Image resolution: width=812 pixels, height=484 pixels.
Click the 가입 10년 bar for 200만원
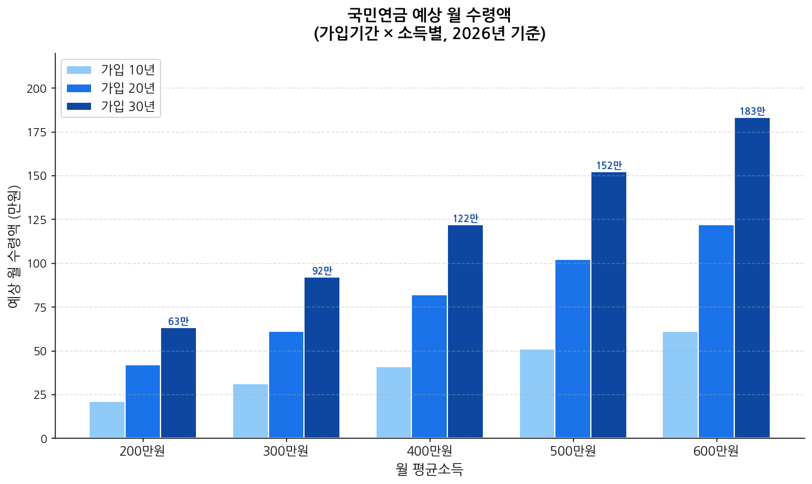tap(107, 420)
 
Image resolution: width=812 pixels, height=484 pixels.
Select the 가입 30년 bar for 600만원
tap(752, 278)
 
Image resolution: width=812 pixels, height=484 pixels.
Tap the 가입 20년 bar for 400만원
tap(429, 366)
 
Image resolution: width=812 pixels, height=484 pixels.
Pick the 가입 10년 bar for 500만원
tap(537, 393)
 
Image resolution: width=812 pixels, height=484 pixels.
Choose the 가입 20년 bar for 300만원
tap(286, 384)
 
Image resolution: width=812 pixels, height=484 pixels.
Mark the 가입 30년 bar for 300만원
tap(322, 357)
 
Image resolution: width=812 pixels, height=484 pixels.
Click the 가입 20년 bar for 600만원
tap(716, 331)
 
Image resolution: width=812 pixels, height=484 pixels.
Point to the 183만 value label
tap(752, 112)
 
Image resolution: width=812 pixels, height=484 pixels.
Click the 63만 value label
tap(178, 321)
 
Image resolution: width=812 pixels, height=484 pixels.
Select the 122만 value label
tap(465, 218)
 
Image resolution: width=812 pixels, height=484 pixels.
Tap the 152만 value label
tap(609, 165)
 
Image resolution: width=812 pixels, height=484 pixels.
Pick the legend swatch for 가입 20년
tap(79, 88)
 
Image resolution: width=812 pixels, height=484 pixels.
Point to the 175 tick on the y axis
tap(37, 132)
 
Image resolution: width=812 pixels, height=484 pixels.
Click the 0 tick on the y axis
tap(44, 438)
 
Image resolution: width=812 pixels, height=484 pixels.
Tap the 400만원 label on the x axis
tap(429, 452)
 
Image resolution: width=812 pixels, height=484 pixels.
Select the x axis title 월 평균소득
tap(429, 470)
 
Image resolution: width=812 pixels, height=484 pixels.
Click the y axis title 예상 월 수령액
tap(14, 246)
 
